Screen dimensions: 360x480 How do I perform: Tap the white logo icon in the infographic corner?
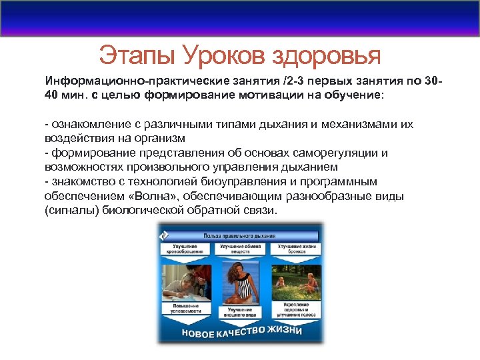pyautogui.click(x=163, y=234)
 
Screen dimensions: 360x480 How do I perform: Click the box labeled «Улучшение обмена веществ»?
pyautogui.click(x=241, y=249)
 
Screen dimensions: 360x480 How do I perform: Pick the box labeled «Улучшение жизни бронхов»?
pyautogui.click(x=296, y=249)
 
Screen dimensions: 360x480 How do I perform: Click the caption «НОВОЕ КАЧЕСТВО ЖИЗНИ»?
pyautogui.click(x=240, y=331)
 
